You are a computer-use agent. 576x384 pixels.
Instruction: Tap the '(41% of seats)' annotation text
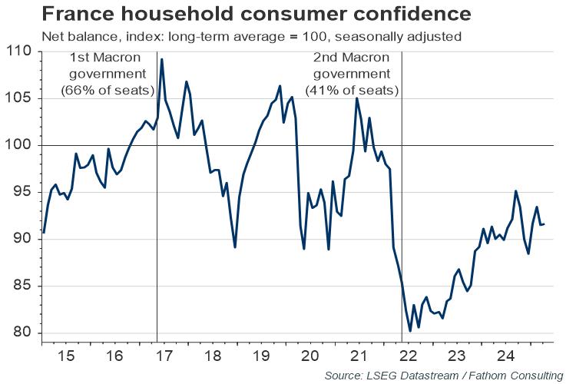click(353, 90)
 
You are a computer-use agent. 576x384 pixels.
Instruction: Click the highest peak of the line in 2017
click(161, 59)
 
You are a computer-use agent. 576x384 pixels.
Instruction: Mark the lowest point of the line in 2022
click(410, 331)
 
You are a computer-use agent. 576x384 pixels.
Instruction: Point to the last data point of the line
click(545, 224)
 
